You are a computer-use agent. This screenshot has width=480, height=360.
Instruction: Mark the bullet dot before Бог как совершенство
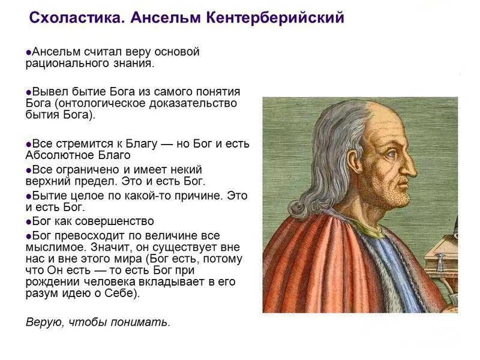click(29, 222)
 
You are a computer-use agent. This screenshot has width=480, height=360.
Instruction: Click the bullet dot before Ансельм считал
click(29, 52)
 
